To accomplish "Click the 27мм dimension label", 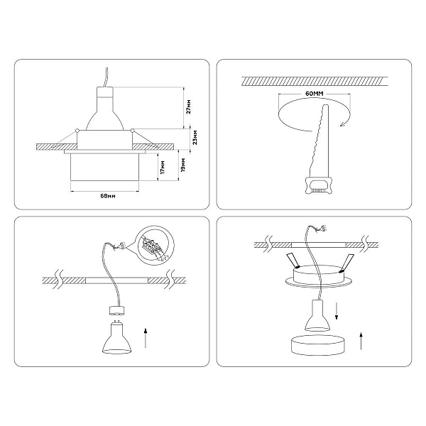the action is click(189, 106).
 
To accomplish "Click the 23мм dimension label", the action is click(195, 138).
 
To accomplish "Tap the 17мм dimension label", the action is click(163, 168).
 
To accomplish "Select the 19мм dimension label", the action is click(183, 165).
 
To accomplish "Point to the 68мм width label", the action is click(108, 196).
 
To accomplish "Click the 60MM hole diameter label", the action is click(315, 94).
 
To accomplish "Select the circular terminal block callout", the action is click(155, 244).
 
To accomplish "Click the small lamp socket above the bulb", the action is click(117, 311).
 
